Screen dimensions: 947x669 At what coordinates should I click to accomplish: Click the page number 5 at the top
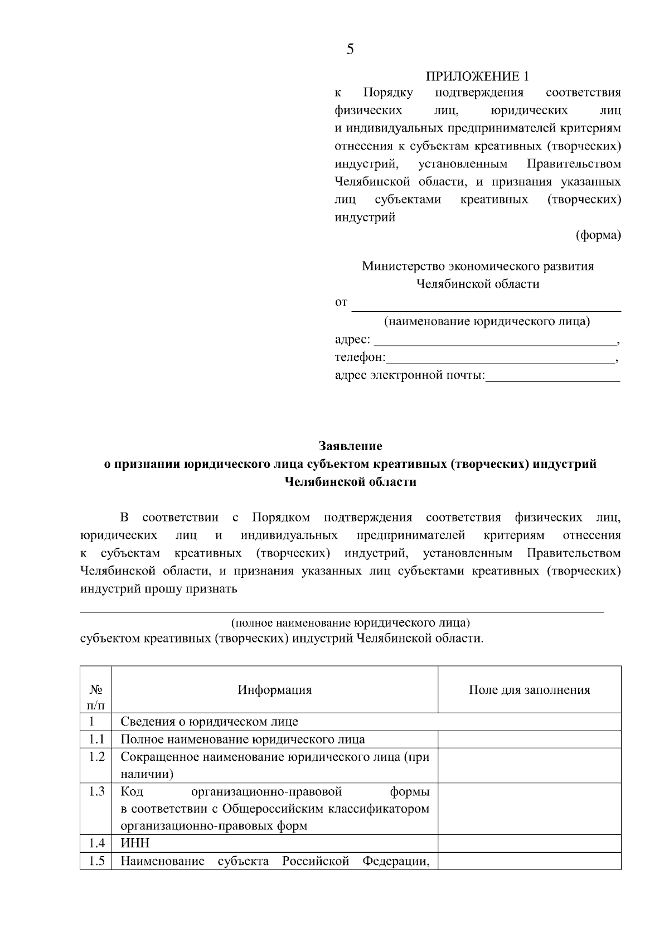(350, 50)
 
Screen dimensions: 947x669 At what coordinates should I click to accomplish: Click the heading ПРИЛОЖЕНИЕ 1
(477, 76)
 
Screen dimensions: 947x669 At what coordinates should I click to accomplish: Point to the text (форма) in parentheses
(598, 235)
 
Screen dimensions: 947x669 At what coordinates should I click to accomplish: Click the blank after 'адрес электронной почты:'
(552, 376)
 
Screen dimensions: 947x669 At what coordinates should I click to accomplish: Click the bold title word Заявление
(351, 446)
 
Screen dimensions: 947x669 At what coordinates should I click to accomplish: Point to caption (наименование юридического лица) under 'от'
(487, 322)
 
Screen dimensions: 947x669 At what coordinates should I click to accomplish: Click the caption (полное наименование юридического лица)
(350, 622)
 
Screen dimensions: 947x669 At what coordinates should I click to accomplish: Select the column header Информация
(274, 690)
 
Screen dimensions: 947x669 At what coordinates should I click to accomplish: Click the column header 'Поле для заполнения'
(529, 690)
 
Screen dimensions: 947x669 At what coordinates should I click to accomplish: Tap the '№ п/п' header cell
(95, 697)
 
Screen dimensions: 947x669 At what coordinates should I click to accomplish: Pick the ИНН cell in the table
(135, 843)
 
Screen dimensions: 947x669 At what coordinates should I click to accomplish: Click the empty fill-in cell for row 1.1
(529, 740)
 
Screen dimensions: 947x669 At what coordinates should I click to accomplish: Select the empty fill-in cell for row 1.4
(529, 843)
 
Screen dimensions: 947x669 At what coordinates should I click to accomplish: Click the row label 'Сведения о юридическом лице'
(209, 722)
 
